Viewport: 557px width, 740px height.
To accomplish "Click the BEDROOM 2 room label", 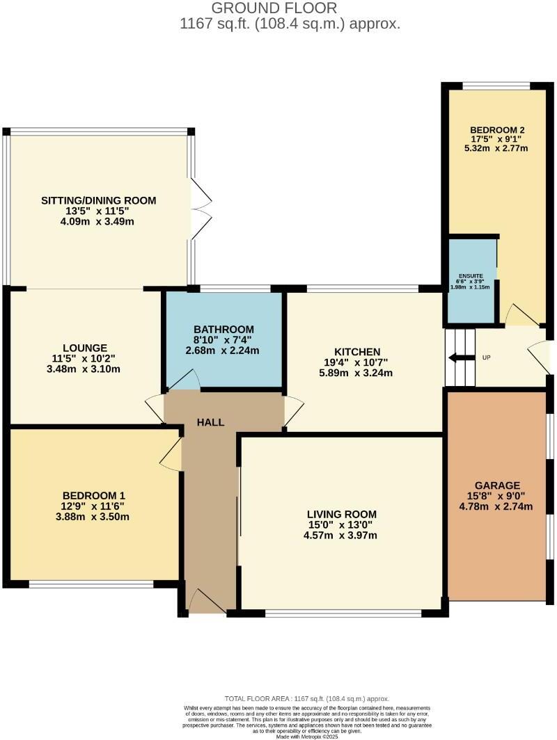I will point(496,130).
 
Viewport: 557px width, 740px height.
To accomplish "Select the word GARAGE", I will point(497,485).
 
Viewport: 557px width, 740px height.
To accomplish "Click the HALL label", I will point(210,422).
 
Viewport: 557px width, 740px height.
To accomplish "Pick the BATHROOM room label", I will point(223,329).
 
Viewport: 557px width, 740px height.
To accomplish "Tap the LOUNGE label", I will point(84,348).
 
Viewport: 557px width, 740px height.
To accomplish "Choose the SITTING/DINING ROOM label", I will point(98,200).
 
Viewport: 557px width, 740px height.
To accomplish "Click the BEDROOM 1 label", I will point(93,496).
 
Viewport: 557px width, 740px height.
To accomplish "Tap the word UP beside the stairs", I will point(486,358).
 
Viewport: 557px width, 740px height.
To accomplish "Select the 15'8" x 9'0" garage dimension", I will point(497,496).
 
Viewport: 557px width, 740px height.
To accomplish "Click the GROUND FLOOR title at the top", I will point(274,8).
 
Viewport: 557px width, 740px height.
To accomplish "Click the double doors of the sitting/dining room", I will point(201,207).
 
